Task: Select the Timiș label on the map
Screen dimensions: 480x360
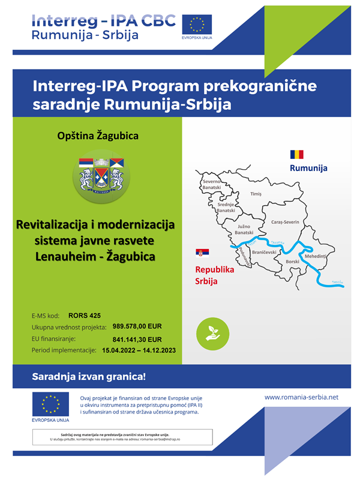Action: [256, 194]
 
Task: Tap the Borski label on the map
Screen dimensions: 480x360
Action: [292, 262]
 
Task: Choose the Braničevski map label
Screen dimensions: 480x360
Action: [263, 254]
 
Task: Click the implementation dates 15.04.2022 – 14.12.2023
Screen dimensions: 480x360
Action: [139, 350]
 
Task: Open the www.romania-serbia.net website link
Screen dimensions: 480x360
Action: [301, 397]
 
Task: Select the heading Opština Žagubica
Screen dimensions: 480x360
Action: [97, 136]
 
